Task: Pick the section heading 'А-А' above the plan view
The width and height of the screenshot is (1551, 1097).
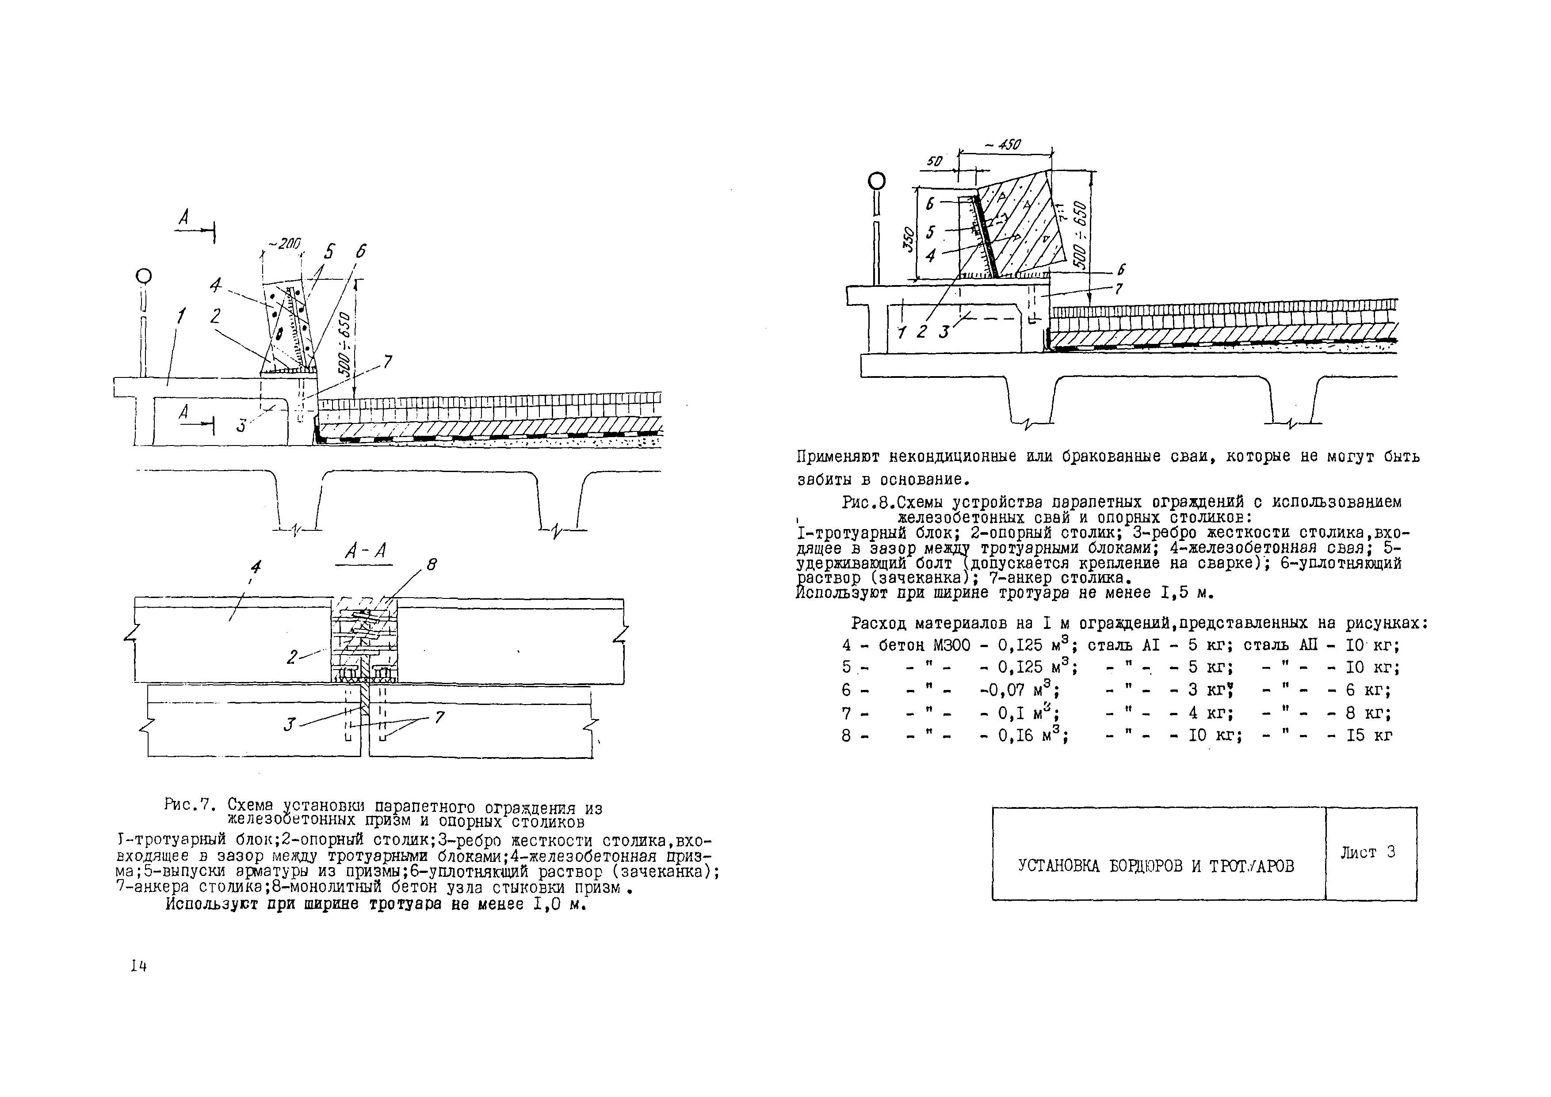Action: (366, 552)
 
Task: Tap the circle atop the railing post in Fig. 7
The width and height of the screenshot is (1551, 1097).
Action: (142, 276)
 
